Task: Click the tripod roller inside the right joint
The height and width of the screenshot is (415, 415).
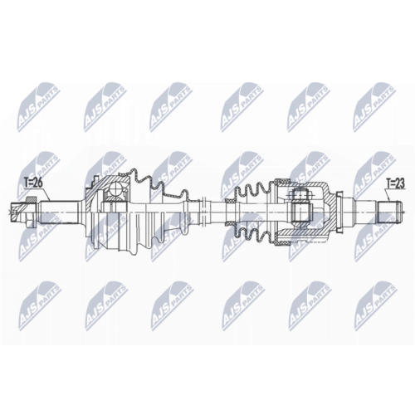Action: (300, 198)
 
